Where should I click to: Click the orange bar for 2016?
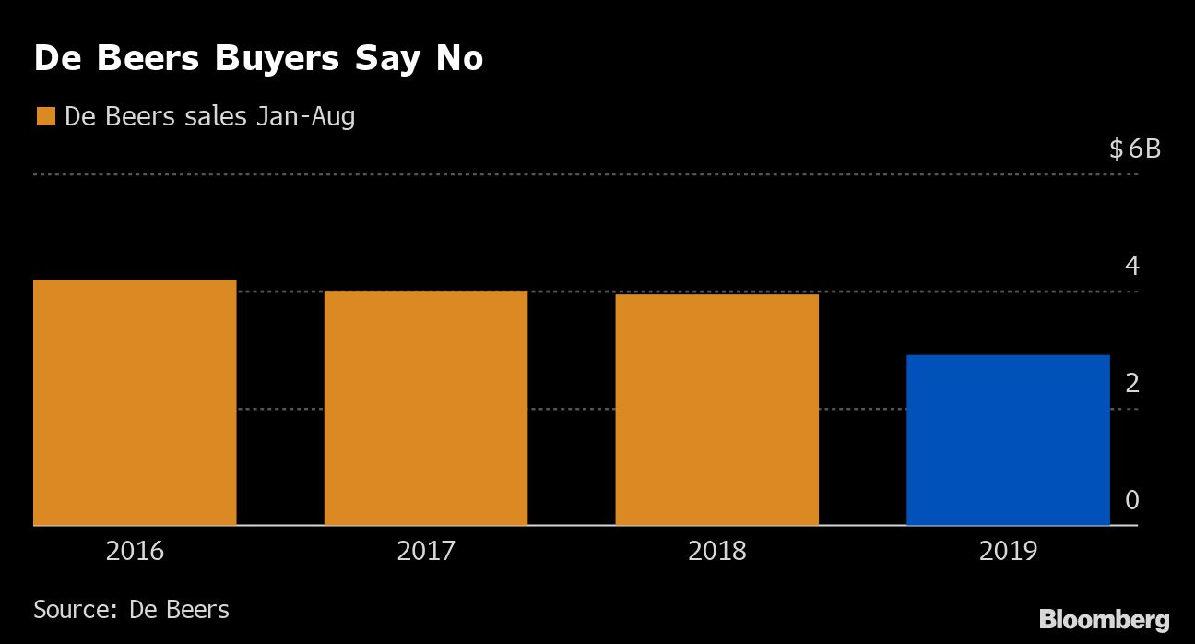[x=135, y=402]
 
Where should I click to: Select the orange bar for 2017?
[x=426, y=408]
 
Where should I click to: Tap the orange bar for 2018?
[x=716, y=410]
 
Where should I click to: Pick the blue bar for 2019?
[x=1008, y=440]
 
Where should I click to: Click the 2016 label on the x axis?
[x=135, y=552]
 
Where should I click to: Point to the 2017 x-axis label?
[x=426, y=552]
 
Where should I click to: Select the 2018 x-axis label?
[x=716, y=552]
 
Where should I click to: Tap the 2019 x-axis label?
[x=1008, y=552]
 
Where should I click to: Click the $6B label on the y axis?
[x=1135, y=149]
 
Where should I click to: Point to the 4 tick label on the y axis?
[x=1132, y=267]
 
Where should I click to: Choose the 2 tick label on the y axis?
[x=1132, y=383]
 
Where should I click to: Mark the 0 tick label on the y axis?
[x=1132, y=500]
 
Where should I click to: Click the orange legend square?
[x=45, y=117]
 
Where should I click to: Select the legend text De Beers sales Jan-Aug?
[x=209, y=117]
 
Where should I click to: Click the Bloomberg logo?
[x=1105, y=619]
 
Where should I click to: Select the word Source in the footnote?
[x=71, y=610]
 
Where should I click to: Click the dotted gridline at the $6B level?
[x=553, y=174]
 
